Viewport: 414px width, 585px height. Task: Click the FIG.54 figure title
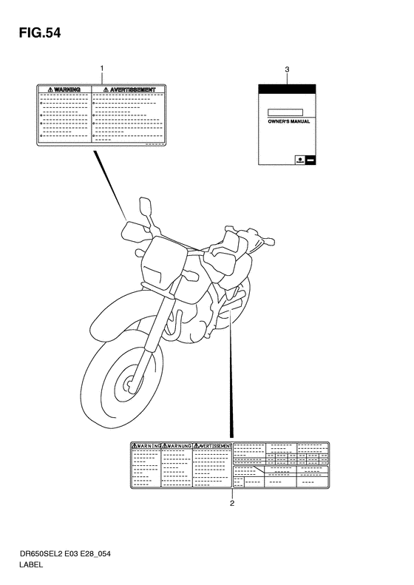(39, 33)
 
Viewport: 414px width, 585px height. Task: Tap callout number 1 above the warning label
(101, 68)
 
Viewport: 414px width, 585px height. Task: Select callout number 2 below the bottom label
(232, 504)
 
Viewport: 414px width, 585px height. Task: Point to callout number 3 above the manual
(287, 70)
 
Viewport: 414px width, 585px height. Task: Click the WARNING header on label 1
(64, 89)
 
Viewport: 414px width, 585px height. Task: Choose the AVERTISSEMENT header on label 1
(129, 89)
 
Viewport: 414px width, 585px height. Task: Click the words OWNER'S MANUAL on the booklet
(288, 121)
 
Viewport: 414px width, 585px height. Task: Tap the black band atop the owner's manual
(287, 89)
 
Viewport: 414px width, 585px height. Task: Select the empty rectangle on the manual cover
(285, 112)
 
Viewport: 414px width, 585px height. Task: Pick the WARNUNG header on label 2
(177, 446)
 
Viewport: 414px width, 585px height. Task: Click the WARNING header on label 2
(146, 446)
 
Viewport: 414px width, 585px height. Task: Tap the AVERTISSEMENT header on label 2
(212, 446)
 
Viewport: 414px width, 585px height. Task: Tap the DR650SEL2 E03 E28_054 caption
(65, 554)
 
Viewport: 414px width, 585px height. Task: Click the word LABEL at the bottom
(31, 564)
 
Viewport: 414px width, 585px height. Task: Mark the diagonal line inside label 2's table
(259, 470)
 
